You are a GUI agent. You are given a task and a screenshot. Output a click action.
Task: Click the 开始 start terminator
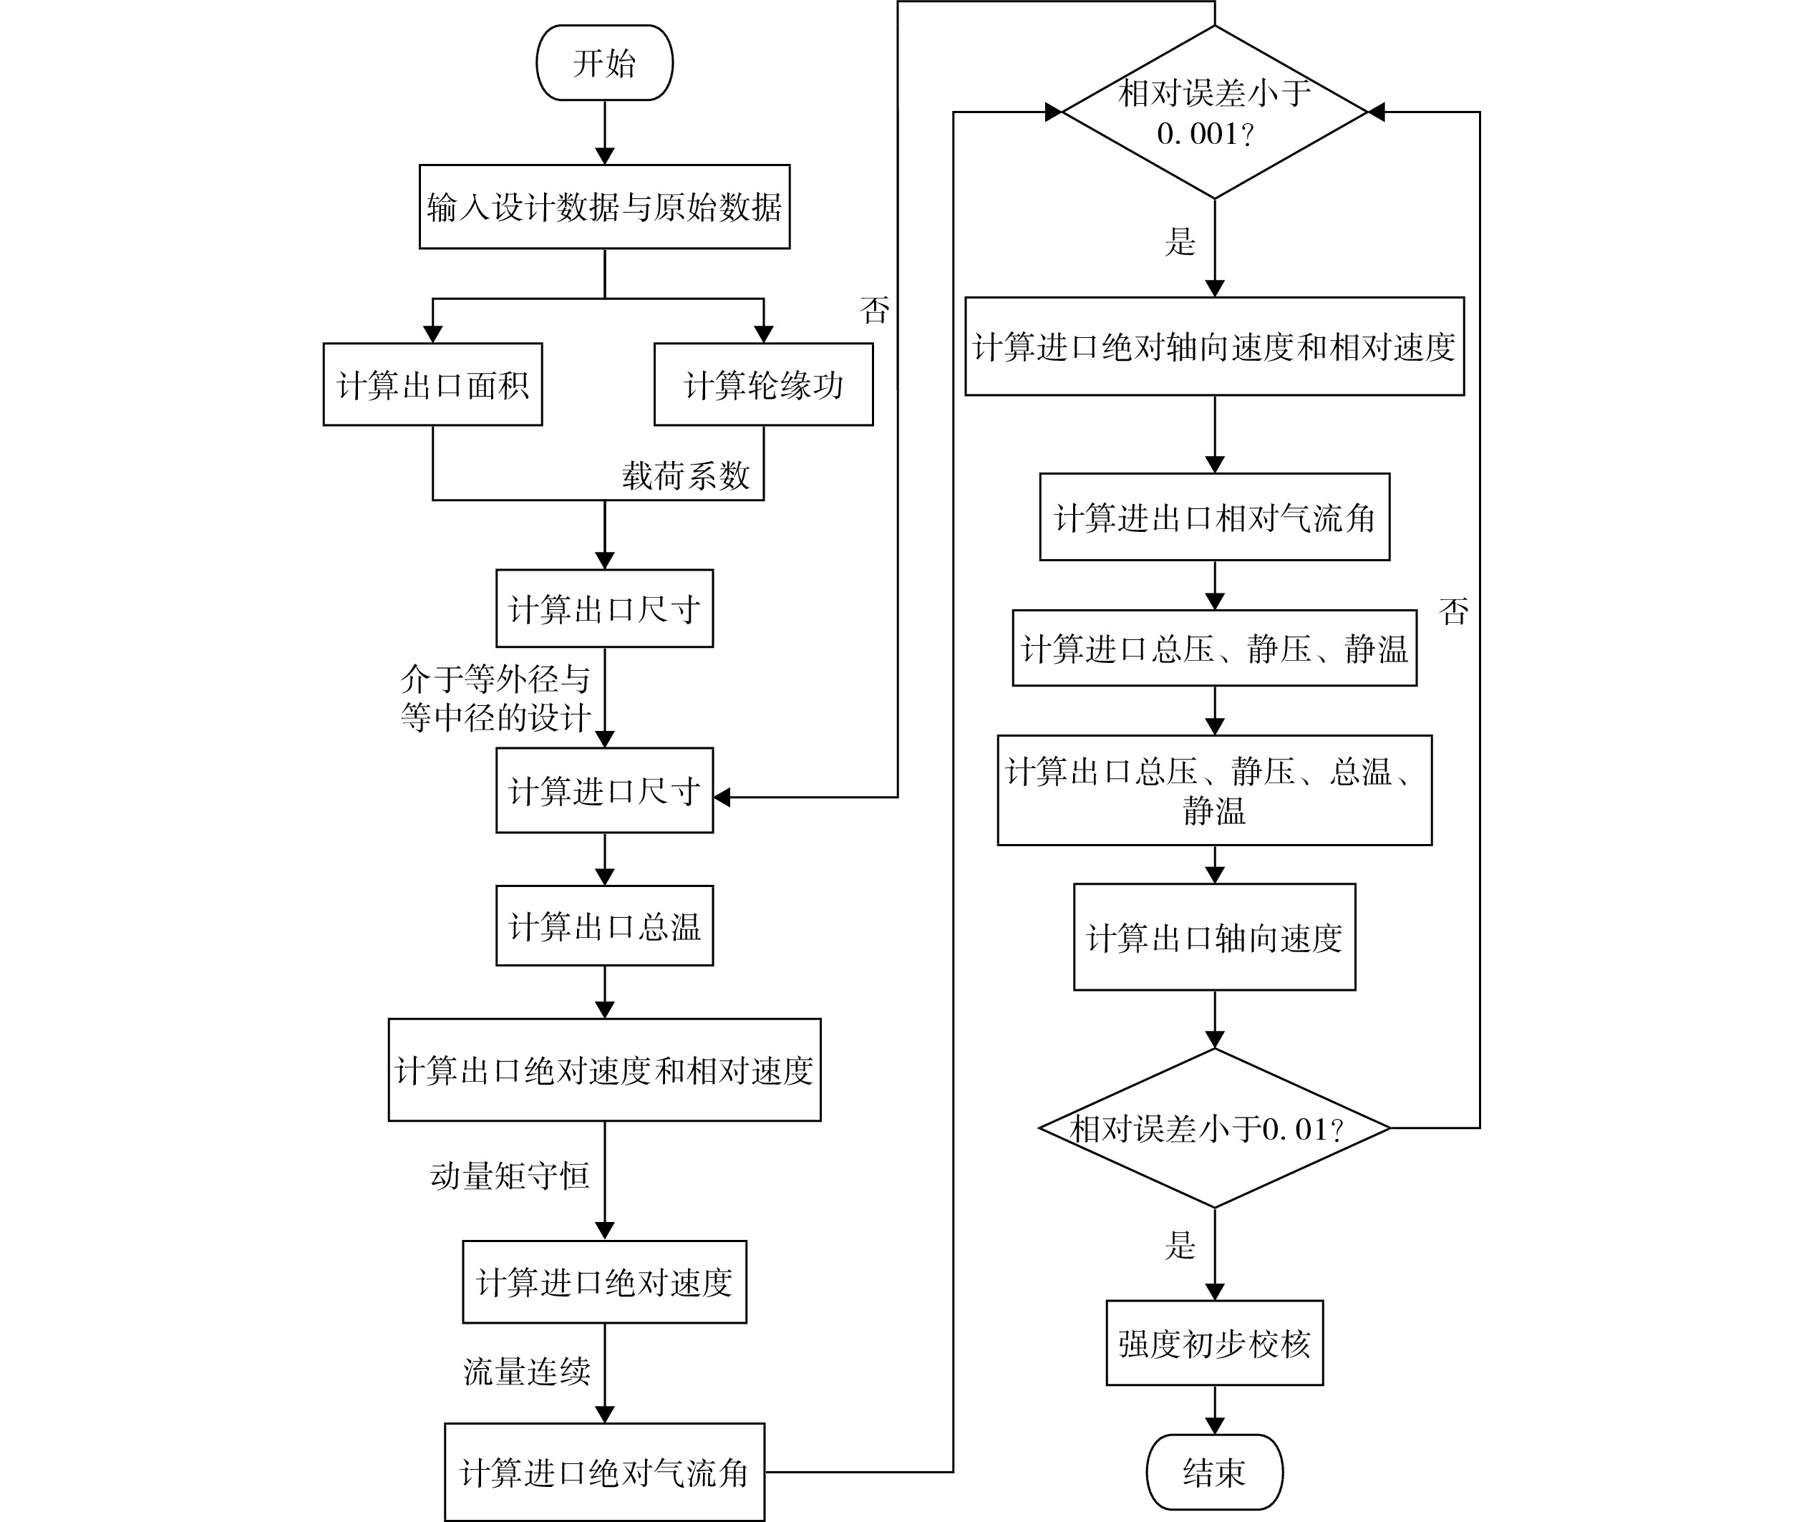(x=604, y=63)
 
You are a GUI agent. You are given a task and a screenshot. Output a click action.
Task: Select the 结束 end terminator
(x=1214, y=1472)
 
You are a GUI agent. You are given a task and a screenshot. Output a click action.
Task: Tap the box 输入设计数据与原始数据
(x=604, y=207)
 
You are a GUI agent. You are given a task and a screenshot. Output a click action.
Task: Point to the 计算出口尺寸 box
(x=604, y=609)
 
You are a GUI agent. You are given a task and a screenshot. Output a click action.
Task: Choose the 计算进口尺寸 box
(x=604, y=790)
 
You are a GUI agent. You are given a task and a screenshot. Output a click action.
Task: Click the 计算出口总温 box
(x=604, y=926)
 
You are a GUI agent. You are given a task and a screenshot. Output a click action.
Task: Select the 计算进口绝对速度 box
(x=604, y=1282)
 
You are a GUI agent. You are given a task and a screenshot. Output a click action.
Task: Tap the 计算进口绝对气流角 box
(x=604, y=1472)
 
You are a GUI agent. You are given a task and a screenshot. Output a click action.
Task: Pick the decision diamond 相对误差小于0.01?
(x=1215, y=1128)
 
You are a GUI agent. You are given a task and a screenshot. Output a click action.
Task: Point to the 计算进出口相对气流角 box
(x=1215, y=518)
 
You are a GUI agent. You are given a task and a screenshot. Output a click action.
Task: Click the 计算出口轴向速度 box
(x=1215, y=938)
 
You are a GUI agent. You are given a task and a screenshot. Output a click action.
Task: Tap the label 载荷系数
(x=687, y=475)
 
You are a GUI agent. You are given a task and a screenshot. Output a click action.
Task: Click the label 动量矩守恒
(x=510, y=1176)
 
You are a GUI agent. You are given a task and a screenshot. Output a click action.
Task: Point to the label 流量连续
(x=527, y=1371)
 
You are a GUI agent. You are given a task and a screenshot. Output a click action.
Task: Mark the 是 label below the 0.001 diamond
(x=1180, y=241)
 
